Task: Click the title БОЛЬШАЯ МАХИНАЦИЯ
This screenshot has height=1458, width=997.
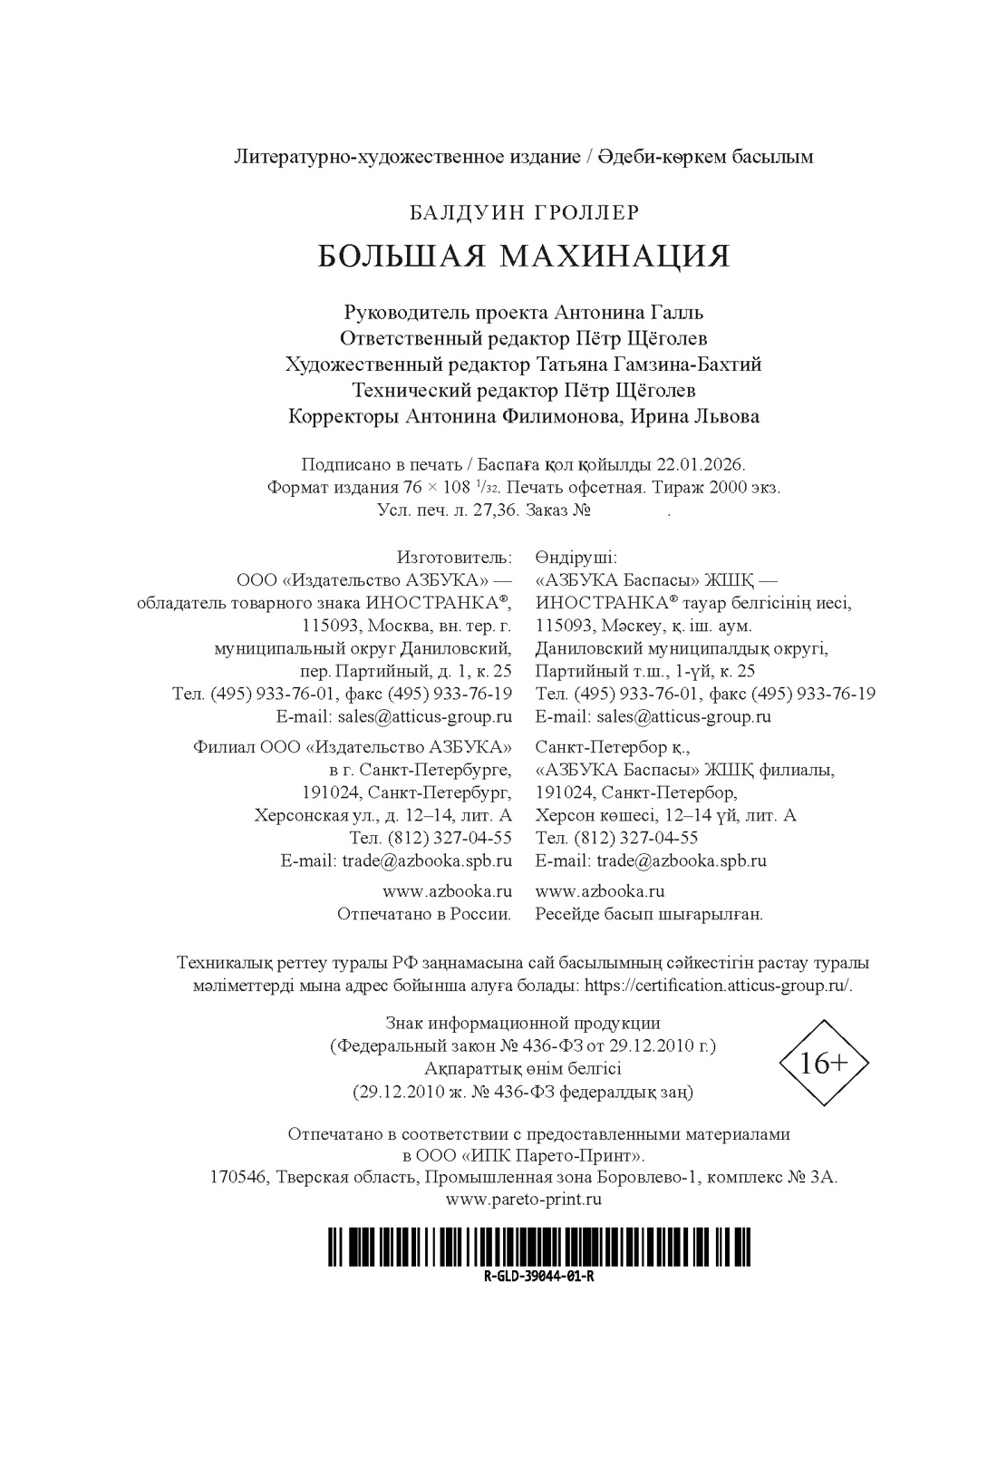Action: pos(523,257)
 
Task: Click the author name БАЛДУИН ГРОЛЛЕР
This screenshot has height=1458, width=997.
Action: pos(524,212)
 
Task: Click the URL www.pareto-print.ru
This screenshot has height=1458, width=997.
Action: pos(524,1199)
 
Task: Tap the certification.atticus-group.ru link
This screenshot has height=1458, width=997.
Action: pos(718,986)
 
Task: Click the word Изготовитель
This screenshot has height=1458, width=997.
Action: pos(453,556)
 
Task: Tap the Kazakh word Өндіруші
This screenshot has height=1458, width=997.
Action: pos(576,556)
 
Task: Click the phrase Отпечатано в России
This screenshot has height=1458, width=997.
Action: pos(424,914)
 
